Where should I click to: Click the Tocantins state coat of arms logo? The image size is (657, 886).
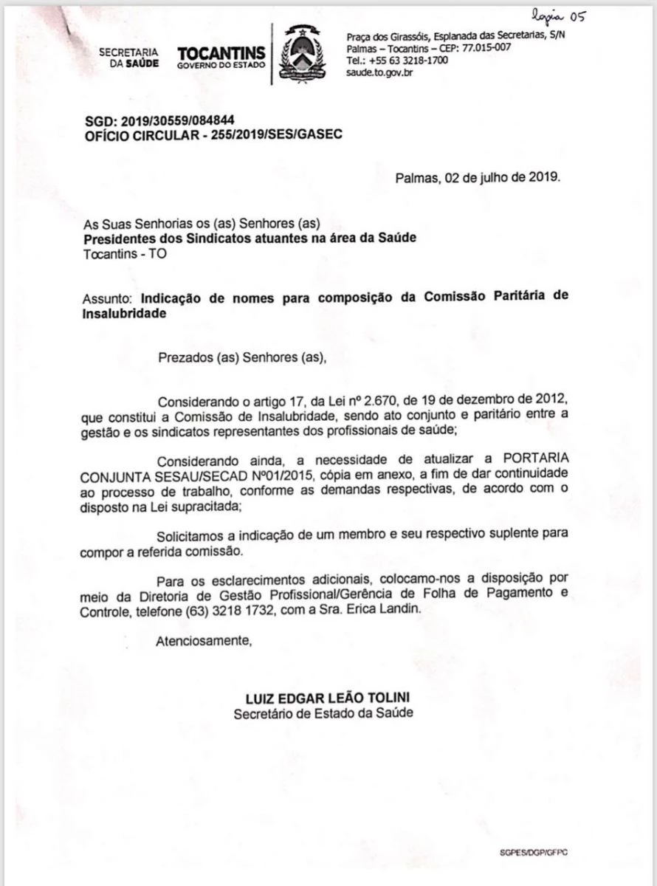point(300,54)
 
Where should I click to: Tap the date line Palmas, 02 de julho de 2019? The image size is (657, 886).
point(478,177)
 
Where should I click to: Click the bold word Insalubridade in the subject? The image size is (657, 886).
point(124,313)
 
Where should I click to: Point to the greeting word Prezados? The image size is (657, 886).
point(185,358)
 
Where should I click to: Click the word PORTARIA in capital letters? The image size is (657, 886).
point(532,459)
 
